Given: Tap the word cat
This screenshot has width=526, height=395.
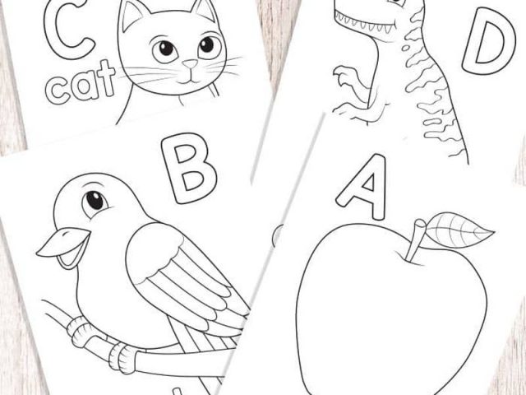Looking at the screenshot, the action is (x=81, y=82).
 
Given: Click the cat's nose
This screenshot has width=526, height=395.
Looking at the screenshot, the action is (x=190, y=63).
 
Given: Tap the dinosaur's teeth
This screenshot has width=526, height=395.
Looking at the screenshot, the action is (x=364, y=22).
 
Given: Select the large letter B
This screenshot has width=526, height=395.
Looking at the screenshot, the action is (x=189, y=168).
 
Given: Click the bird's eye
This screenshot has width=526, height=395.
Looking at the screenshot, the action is (x=95, y=202).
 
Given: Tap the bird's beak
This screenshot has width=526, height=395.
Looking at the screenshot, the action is (x=64, y=247).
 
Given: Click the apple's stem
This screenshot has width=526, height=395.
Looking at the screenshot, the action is (x=414, y=240).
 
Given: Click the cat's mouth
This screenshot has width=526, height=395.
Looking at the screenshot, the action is (x=190, y=79).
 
